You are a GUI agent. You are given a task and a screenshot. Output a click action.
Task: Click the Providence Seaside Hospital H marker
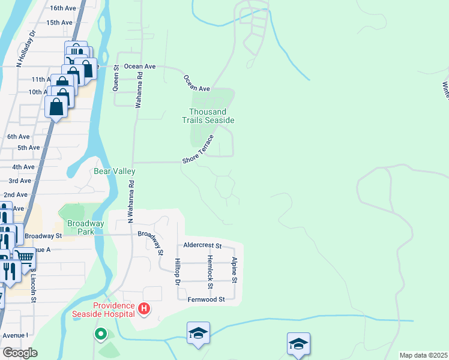[144, 309]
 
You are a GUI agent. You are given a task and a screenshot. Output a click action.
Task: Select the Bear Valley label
[115, 172]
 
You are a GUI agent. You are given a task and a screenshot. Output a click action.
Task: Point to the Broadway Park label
[86, 227]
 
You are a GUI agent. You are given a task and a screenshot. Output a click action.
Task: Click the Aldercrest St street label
[203, 246]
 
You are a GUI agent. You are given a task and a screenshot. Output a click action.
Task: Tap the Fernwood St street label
[206, 299]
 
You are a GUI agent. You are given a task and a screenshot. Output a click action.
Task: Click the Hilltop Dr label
[178, 271]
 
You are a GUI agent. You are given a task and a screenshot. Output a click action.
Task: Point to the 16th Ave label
[64, 8]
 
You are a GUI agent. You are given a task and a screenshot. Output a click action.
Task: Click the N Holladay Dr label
[26, 49]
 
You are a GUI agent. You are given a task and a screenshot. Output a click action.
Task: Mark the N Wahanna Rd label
[130, 205]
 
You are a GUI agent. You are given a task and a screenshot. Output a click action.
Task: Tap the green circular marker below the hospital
[101, 333]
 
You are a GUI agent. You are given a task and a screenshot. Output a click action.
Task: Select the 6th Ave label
[18, 137]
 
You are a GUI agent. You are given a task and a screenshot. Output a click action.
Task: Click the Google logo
[20, 353]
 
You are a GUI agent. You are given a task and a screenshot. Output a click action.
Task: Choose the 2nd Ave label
[16, 195]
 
